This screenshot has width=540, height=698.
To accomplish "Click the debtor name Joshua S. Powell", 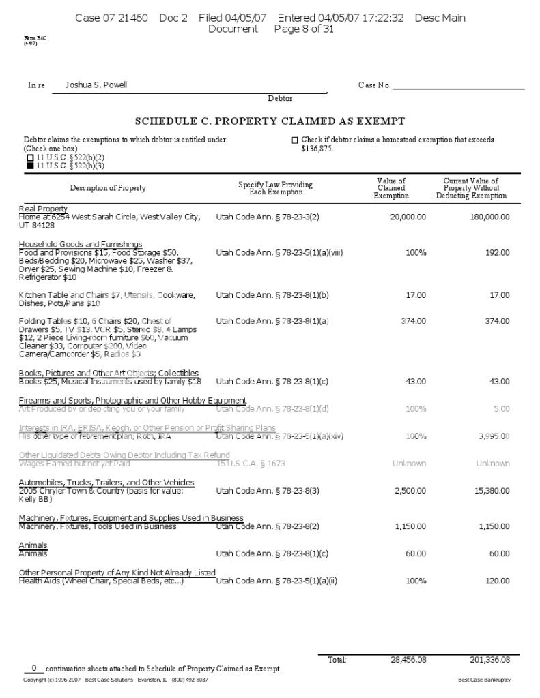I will pyautogui.click(x=96, y=85).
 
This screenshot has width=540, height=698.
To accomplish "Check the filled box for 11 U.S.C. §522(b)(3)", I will pyautogui.click(x=30, y=166).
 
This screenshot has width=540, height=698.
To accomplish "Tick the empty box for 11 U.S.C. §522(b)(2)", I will pyautogui.click(x=30, y=157).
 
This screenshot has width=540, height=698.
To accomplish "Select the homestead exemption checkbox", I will pyautogui.click(x=295, y=140).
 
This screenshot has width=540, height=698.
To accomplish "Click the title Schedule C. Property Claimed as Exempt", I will pyautogui.click(x=270, y=121).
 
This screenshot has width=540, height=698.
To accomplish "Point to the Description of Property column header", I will pyautogui.click(x=108, y=188).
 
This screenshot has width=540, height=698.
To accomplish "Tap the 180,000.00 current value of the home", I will pyautogui.click(x=489, y=217).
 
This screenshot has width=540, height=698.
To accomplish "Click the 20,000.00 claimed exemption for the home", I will pyautogui.click(x=408, y=217).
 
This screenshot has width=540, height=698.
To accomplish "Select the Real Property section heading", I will pyautogui.click(x=43, y=209).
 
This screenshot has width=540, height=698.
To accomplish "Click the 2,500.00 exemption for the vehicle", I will pyautogui.click(x=410, y=491).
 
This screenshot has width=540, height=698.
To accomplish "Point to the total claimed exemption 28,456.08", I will pyautogui.click(x=408, y=660).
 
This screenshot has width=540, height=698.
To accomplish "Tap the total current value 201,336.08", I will pyautogui.click(x=489, y=660).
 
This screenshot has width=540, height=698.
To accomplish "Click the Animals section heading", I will pyautogui.click(x=33, y=545).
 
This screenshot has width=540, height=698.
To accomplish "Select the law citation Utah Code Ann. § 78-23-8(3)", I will pyautogui.click(x=268, y=491).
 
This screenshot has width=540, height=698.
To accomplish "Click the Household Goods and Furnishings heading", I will pyautogui.click(x=81, y=244).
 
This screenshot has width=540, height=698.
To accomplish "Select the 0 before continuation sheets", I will pyautogui.click(x=33, y=668).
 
